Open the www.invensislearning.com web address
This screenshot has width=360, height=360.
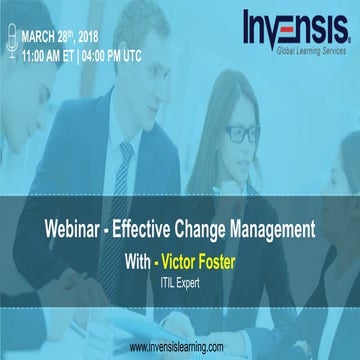(180, 347)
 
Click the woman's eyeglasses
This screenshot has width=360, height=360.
(243, 131)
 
